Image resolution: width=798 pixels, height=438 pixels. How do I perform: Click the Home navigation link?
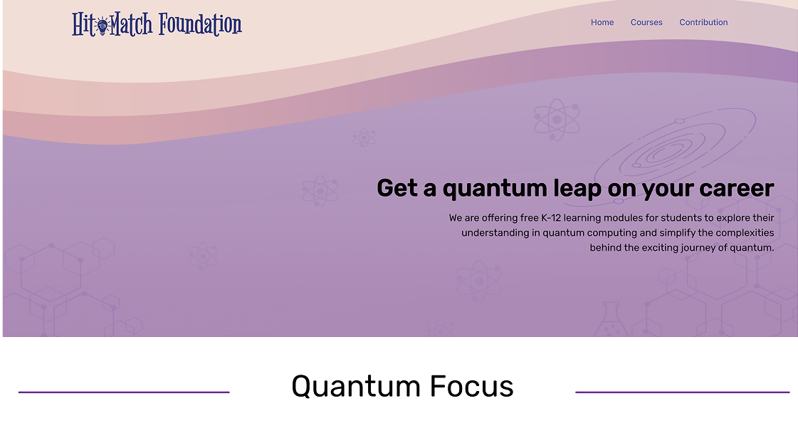point(602,22)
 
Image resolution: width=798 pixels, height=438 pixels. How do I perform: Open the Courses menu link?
point(646,22)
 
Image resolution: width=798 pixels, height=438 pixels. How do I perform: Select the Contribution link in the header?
point(703,22)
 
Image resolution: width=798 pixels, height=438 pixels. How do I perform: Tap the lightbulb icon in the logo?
point(103,26)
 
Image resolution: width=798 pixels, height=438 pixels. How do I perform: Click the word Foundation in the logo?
point(200,24)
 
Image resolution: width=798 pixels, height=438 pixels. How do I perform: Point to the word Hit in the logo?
point(83,24)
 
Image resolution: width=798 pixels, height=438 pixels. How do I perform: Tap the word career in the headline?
point(736,189)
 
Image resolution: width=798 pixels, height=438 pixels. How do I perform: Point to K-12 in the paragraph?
point(551,218)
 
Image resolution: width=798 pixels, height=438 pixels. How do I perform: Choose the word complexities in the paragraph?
point(745,234)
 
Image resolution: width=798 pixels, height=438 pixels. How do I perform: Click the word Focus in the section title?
point(471,386)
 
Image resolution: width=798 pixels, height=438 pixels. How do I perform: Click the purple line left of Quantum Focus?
point(124,392)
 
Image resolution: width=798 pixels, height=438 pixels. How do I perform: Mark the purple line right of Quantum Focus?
point(683,392)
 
